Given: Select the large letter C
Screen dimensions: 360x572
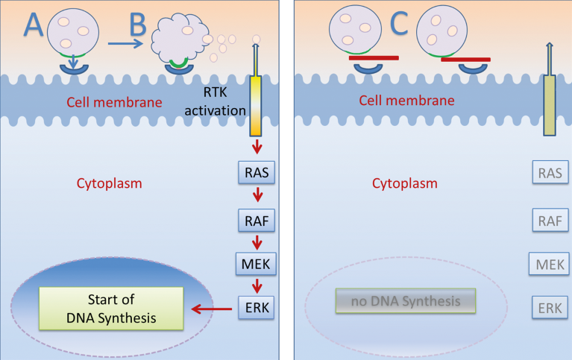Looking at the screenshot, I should (x=400, y=28).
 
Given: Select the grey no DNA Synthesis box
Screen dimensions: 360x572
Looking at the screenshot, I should (x=406, y=302).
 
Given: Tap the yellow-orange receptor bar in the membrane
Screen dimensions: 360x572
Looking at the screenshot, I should (x=257, y=100).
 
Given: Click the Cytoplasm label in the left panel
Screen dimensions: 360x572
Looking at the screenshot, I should (x=109, y=182).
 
